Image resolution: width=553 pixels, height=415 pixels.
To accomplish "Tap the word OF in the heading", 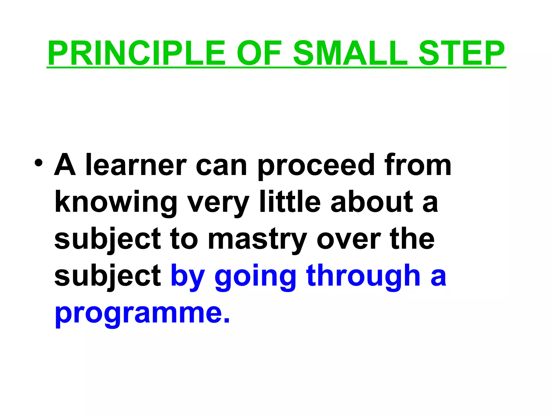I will point(259,53).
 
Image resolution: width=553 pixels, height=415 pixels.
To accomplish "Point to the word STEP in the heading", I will point(461,53).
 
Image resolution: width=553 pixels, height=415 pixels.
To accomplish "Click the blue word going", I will point(255,277).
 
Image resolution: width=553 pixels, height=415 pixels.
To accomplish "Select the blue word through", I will point(363,277).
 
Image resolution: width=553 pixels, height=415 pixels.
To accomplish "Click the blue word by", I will point(188,277).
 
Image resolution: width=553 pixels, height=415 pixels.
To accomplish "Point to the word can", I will point(221,165).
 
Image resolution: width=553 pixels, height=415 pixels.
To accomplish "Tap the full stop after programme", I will point(227,320).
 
